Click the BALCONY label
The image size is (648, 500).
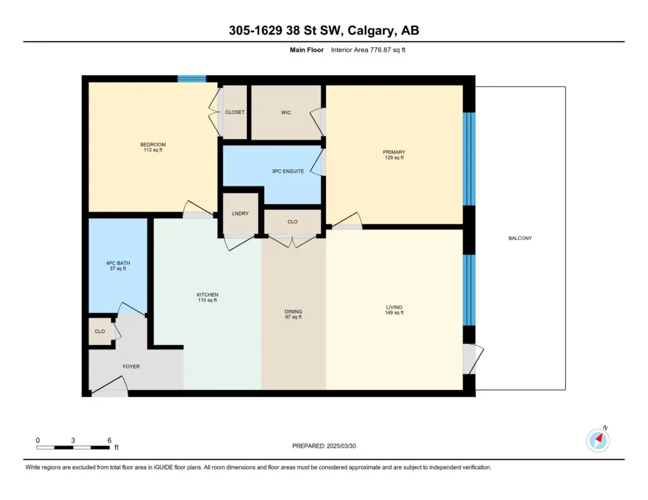pos(520,238)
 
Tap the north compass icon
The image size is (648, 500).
pos(598,440)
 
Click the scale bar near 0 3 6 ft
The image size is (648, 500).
pos(73,448)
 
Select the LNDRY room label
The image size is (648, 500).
pos(240,214)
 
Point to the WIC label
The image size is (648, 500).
pos(286,113)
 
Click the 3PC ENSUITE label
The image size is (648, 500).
pos(288,171)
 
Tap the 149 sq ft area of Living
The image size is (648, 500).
pos(394,312)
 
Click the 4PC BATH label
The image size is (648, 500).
pos(118,263)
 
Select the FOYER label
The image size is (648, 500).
pos(131,367)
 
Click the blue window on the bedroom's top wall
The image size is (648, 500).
pos(192,79)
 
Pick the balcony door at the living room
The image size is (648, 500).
pos(473,359)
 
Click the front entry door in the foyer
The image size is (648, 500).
pos(109,387)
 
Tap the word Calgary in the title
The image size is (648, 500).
pos(370,30)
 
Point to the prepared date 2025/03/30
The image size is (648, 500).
pos(341,446)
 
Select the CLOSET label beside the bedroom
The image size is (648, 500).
pos(235,113)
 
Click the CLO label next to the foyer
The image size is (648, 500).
pos(99,332)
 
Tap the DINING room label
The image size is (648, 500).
pos(293,312)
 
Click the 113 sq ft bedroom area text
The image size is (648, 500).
pos(153,150)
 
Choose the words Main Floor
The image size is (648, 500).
pos(307,50)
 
